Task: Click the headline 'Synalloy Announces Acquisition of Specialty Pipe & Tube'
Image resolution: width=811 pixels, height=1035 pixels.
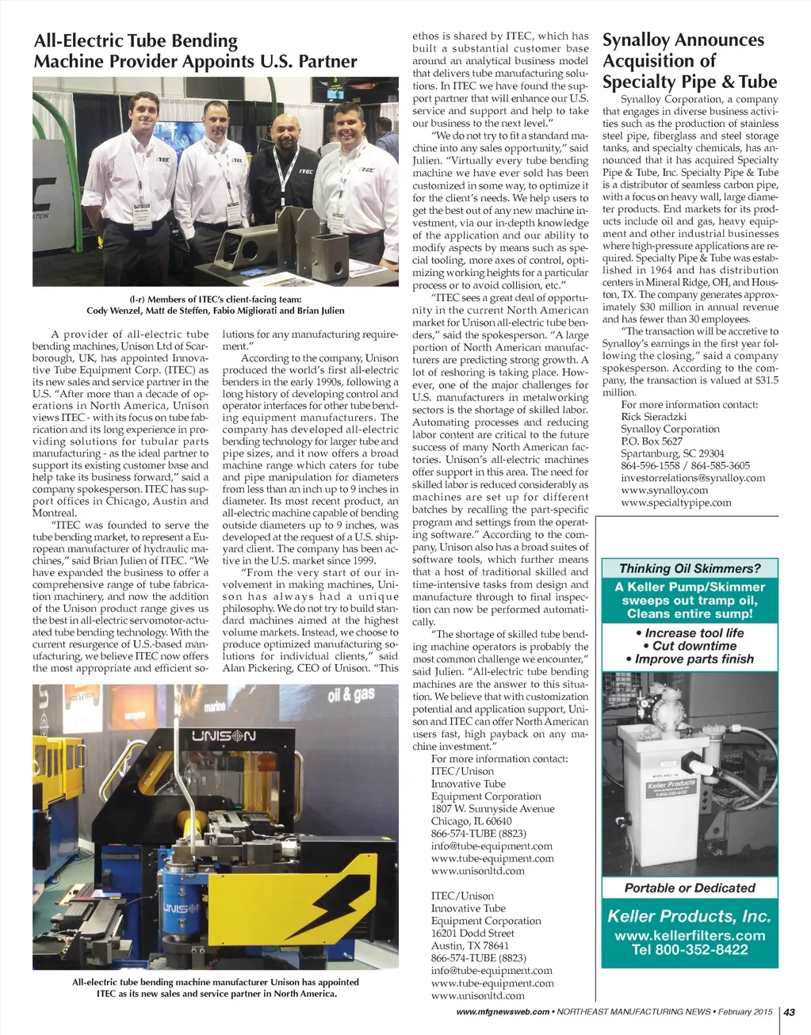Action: click(689, 61)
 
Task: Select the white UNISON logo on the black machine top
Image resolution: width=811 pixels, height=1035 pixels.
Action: click(224, 737)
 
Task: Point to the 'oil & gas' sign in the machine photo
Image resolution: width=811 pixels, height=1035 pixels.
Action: click(351, 696)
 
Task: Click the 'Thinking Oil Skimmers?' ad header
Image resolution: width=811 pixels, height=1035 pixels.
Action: click(689, 568)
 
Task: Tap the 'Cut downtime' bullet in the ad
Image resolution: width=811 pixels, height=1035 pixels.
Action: click(689, 646)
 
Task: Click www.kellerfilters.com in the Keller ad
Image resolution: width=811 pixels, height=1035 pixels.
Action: click(689, 935)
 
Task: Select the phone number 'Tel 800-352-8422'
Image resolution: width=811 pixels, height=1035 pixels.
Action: click(689, 949)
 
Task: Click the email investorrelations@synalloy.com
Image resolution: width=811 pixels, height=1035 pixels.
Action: click(693, 478)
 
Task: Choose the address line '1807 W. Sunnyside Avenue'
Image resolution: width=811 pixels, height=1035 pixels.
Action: click(492, 808)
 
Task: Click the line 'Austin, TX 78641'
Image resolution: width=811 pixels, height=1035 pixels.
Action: click(470, 945)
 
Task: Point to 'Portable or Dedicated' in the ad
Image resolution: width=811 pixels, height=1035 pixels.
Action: click(689, 888)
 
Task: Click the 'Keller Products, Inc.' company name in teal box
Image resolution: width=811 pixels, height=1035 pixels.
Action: click(689, 916)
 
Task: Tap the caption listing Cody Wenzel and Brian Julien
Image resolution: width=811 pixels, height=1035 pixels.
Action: click(215, 305)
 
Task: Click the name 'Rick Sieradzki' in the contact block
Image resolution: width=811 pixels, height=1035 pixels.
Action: click(653, 417)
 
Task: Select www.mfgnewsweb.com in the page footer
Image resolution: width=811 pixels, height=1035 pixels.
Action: click(503, 1012)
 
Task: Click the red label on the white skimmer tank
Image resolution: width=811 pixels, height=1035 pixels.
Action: click(671, 789)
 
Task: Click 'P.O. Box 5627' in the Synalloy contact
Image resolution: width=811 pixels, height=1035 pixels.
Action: click(652, 441)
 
